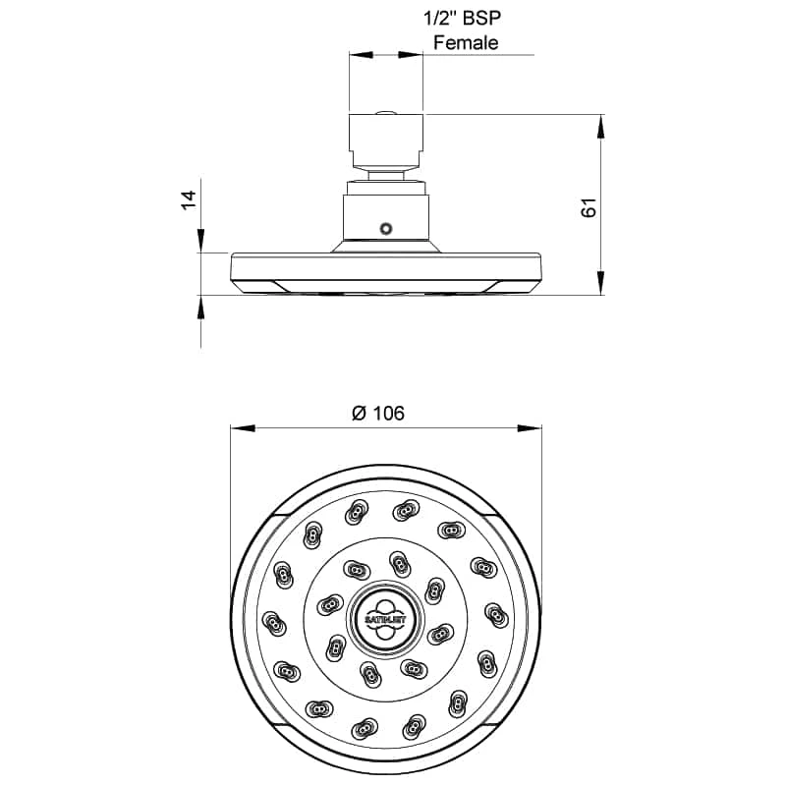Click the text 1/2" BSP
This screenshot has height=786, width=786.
click(466, 18)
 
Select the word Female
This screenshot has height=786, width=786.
click(466, 42)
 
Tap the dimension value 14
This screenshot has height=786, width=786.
click(189, 200)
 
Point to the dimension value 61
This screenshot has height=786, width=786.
click(589, 207)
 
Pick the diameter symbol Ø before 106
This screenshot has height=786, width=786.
click(358, 413)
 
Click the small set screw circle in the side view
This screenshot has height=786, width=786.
click(386, 229)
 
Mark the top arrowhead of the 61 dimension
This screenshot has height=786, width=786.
click(600, 124)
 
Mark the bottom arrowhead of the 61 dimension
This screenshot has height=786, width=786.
click(600, 285)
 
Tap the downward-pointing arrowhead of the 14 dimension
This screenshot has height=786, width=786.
click(201, 242)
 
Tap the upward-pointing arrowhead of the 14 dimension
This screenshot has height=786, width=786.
click(201, 307)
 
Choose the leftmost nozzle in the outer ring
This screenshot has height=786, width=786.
click(272, 622)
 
